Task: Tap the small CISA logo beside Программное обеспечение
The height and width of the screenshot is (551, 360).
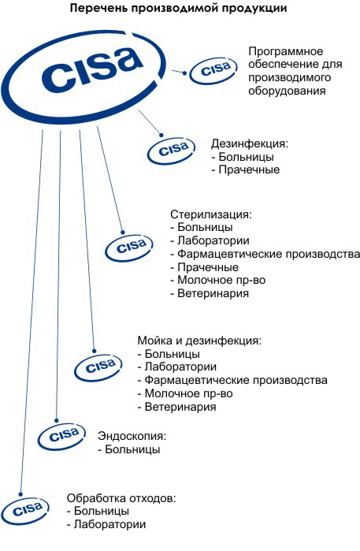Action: [x=213, y=70]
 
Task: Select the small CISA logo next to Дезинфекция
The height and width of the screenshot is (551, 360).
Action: [x=171, y=151]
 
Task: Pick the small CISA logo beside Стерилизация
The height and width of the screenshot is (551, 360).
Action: [x=129, y=247]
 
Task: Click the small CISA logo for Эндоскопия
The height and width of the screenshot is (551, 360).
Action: [x=62, y=437]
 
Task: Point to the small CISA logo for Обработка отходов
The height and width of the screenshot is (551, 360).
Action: [x=25, y=511]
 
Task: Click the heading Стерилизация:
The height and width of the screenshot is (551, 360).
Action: [x=211, y=214]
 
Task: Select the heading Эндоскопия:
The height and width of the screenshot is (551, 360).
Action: [x=132, y=436]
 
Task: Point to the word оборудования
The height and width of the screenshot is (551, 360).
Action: [x=287, y=91]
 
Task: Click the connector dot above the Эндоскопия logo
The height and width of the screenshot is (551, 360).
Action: [x=56, y=420]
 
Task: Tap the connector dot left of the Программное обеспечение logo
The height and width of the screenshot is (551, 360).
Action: [x=185, y=73]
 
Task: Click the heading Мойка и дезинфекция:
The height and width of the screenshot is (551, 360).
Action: [x=199, y=341]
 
